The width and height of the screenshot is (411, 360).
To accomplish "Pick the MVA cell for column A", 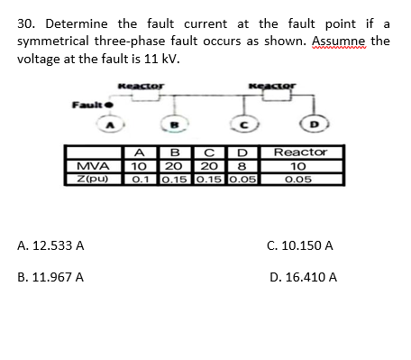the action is (x=138, y=166).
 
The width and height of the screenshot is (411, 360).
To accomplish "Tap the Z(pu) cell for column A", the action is (x=138, y=180).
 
